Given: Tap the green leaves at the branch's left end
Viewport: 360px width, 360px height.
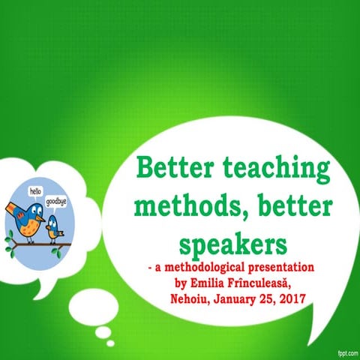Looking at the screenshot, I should pos(10,241).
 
